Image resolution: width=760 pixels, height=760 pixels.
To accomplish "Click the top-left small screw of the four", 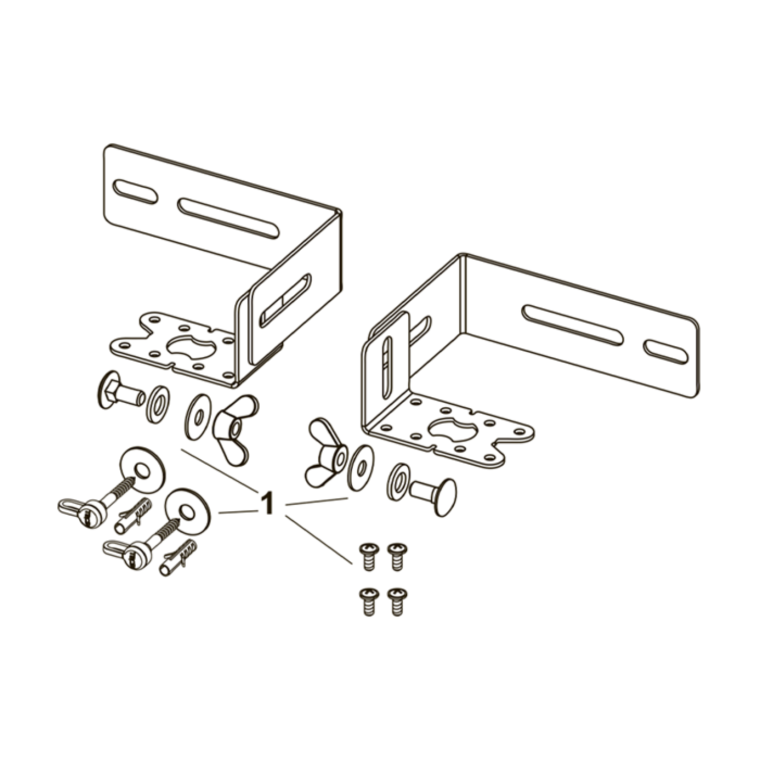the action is point(368,556).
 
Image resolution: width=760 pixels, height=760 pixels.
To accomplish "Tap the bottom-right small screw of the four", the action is point(397,601).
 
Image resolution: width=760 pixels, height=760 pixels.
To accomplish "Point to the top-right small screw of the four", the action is point(397,556).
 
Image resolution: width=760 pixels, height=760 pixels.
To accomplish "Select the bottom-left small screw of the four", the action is point(368,601).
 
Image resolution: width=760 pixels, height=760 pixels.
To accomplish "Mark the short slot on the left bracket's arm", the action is point(135,192).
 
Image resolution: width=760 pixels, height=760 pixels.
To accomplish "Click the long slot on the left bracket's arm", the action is point(228,218).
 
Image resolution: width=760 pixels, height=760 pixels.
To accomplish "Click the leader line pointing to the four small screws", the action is point(319,541).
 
